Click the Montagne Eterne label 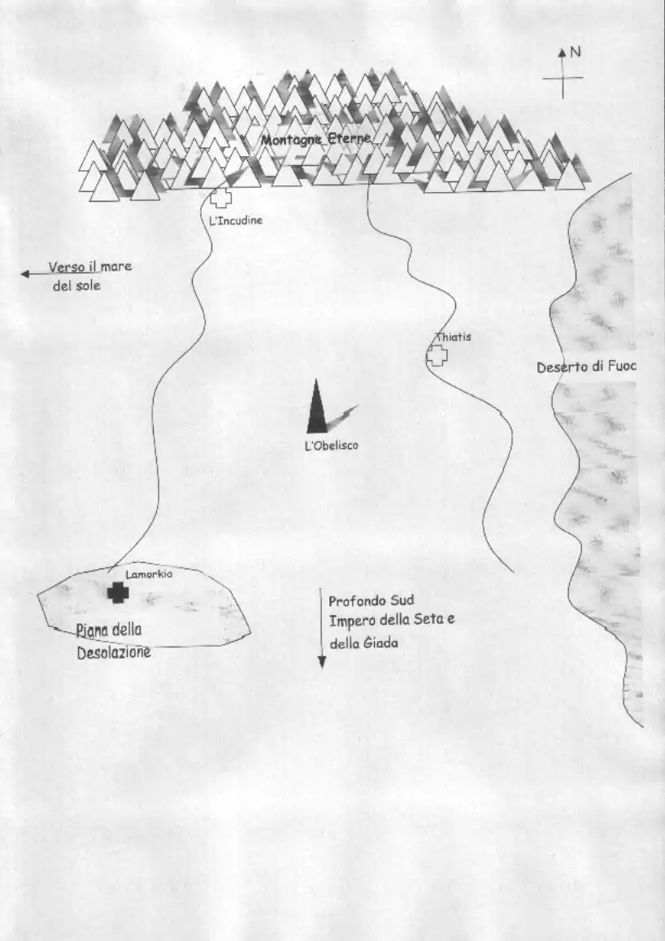coord(316,140)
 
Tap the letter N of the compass coord(576,52)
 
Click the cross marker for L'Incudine coord(221,198)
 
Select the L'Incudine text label coord(236,220)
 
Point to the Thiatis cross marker coord(437,356)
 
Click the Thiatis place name coord(453,337)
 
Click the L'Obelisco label coord(332,446)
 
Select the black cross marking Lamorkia coord(119,593)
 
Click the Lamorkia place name coord(150,574)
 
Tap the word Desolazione coord(114,652)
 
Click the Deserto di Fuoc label coord(586,367)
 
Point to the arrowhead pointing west coord(25,274)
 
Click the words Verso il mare coord(90,267)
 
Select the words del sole coord(76,285)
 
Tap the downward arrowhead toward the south coord(321,663)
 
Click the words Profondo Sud coord(372,601)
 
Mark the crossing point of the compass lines coord(563,78)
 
